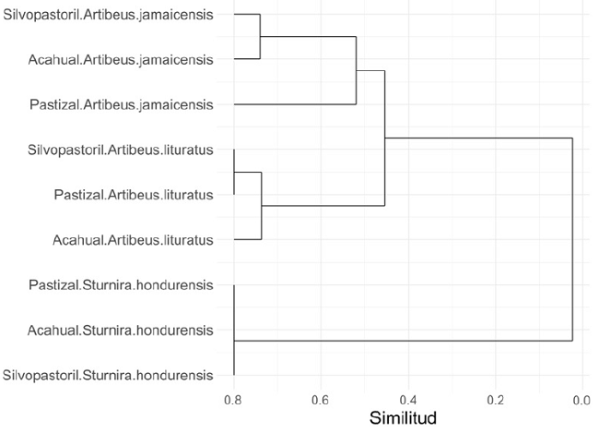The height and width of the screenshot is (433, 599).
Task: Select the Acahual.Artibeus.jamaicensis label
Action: tap(121, 60)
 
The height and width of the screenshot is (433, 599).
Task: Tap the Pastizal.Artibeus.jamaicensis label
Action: tap(122, 104)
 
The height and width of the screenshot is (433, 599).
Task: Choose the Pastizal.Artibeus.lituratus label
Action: tap(134, 195)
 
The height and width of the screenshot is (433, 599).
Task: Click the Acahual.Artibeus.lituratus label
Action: tap(134, 240)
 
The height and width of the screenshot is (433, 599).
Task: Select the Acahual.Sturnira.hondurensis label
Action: tap(121, 330)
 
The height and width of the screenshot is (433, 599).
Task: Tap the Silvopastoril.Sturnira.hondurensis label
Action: tap(108, 375)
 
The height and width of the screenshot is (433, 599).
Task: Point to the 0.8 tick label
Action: tap(234, 399)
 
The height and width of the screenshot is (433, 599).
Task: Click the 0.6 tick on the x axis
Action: tap(321, 399)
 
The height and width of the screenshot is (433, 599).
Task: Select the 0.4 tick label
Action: tap(408, 399)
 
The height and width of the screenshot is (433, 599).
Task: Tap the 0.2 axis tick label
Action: tap(495, 399)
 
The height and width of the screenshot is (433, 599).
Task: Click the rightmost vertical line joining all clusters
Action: tap(572, 240)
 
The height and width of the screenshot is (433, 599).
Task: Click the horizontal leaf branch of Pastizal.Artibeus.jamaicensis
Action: tap(295, 105)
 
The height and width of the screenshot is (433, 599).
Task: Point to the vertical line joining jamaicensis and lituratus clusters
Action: tap(384, 138)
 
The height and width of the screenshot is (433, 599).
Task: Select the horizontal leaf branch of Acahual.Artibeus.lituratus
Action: tap(248, 239)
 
